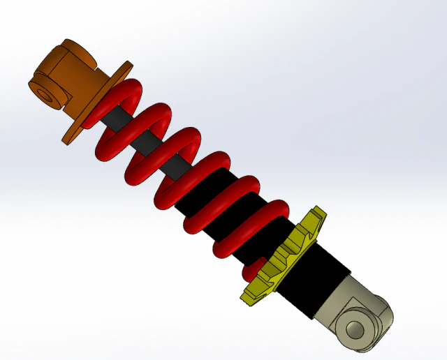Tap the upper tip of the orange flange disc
(126, 65)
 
